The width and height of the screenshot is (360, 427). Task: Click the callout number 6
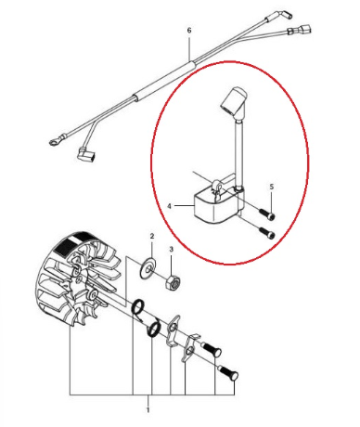point(188,30)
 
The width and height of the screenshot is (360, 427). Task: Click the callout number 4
point(170,205)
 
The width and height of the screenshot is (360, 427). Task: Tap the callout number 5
point(271,187)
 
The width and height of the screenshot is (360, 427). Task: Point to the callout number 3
point(171,249)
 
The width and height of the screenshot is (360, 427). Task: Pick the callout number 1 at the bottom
point(148,408)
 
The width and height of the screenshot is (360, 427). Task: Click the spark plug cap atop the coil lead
point(236,97)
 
